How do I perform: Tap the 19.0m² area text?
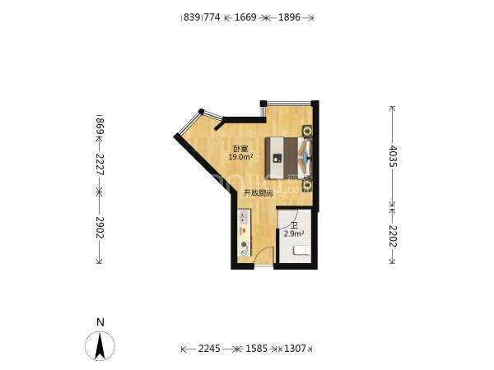tap(241, 157)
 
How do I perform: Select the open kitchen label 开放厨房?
tap(259, 193)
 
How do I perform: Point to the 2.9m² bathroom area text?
tap(294, 234)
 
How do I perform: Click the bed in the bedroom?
tap(288, 158)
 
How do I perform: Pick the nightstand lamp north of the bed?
tap(307, 131)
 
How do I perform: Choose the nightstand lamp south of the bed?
tap(307, 185)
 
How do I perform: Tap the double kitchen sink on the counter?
tap(244, 217)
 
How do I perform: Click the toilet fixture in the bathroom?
tap(301, 251)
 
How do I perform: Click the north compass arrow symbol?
tap(100, 346)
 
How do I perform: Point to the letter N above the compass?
tap(100, 322)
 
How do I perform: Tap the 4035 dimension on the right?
tap(393, 156)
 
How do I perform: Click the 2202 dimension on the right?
tap(393, 236)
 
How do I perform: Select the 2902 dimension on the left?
tap(100, 227)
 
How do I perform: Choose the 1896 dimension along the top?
tap(289, 17)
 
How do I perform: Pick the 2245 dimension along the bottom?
tap(209, 349)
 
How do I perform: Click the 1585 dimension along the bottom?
tap(256, 349)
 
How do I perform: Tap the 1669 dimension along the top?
tap(245, 17)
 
